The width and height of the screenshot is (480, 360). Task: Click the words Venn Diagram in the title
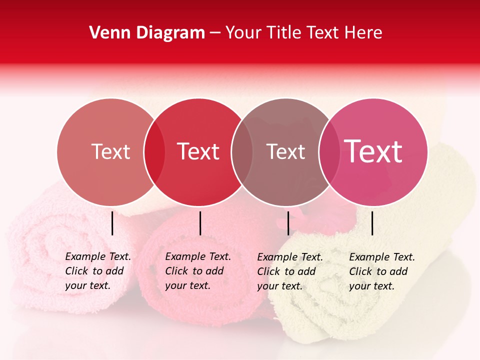click(147, 33)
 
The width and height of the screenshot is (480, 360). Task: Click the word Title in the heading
click(284, 33)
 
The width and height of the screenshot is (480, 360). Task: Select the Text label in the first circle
click(110, 151)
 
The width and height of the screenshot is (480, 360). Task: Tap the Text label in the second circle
click(198, 151)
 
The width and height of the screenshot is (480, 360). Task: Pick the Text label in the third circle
click(286, 151)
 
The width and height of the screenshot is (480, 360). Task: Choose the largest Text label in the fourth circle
click(373, 151)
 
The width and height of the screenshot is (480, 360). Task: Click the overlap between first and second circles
click(154, 152)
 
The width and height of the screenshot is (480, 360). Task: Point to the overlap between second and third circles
click(242, 152)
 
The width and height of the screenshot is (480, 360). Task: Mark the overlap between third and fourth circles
click(329, 152)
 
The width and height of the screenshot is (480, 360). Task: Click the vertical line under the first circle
click(112, 223)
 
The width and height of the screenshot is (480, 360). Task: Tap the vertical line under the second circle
click(200, 223)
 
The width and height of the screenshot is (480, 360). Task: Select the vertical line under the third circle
click(288, 223)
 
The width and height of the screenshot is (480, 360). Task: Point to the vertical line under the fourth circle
click(372, 223)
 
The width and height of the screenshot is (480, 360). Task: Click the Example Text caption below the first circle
click(98, 271)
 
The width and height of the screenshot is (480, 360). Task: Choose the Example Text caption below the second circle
click(198, 271)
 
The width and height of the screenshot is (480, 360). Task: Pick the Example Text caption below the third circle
click(290, 271)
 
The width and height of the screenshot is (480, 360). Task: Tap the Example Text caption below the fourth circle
click(382, 271)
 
